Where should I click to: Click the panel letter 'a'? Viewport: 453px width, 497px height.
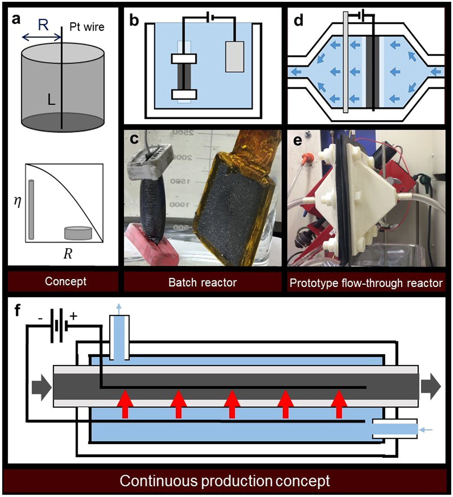[x=16, y=19]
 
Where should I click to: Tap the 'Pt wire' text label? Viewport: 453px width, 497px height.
[x=87, y=27]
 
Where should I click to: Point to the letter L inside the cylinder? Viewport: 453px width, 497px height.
[x=51, y=100]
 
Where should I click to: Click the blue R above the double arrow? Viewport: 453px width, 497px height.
[x=43, y=25]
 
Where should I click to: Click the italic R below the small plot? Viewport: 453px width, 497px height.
[x=68, y=254]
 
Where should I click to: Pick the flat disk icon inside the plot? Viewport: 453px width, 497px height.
[x=78, y=233]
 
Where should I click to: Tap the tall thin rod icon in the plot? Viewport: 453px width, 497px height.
[x=31, y=210]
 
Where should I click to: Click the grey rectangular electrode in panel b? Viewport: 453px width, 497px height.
[x=234, y=57]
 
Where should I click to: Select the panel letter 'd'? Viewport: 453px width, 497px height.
[x=298, y=20]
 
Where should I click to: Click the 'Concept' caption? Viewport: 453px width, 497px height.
[x=65, y=281]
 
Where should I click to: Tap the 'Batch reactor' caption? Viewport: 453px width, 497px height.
[x=202, y=282]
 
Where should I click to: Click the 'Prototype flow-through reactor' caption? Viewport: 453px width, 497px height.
[x=366, y=283]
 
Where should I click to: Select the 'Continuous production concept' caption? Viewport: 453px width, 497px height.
[x=224, y=481]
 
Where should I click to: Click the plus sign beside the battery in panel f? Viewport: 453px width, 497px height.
[x=73, y=316]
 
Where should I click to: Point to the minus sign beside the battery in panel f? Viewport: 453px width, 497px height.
[x=40, y=318]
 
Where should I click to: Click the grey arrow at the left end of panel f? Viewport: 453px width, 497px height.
[x=41, y=388]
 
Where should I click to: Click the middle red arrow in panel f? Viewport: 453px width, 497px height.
[x=232, y=404]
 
